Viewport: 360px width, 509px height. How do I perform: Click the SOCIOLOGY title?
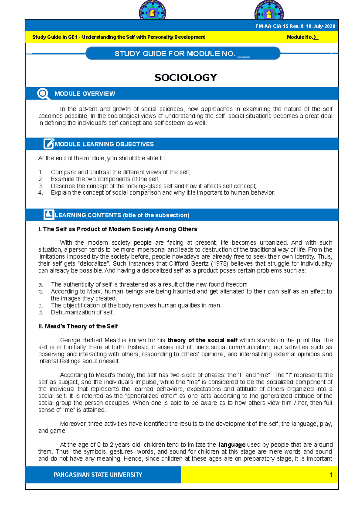point(186,78)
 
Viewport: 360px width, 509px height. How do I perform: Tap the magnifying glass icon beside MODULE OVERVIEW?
point(43,94)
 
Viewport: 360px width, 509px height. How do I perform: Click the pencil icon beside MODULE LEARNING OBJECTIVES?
point(49,144)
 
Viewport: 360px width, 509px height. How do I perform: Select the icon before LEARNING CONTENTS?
point(49,215)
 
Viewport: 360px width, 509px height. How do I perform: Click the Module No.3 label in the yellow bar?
point(302,37)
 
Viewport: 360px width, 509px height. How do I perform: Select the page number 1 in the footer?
point(331,475)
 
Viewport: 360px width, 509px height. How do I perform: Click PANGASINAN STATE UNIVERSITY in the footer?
point(98,475)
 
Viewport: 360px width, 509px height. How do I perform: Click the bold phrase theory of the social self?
point(202,340)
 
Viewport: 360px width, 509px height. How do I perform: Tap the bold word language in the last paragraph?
point(232,445)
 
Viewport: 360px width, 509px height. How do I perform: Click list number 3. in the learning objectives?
point(41,186)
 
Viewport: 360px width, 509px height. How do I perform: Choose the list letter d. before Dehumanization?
point(41,312)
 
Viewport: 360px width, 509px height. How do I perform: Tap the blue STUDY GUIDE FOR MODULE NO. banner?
point(183,54)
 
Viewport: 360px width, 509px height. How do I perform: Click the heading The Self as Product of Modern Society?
point(118,229)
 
